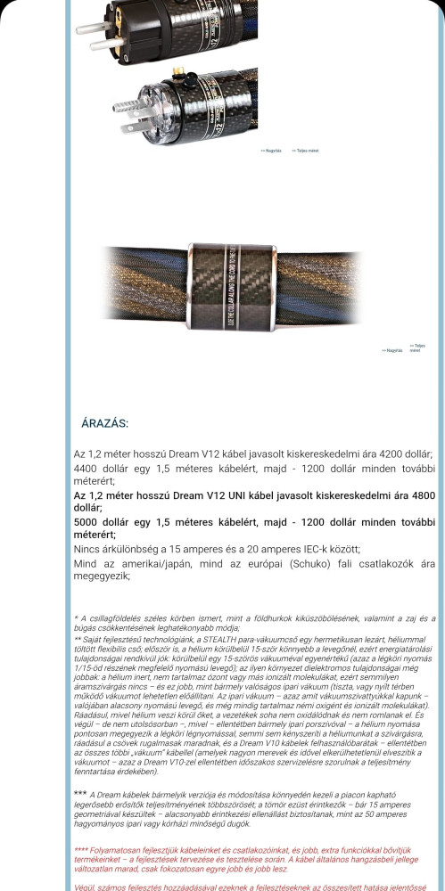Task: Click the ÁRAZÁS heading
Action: click(x=105, y=423)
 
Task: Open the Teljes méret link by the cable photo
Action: click(x=417, y=347)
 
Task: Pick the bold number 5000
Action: click(x=89, y=522)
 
